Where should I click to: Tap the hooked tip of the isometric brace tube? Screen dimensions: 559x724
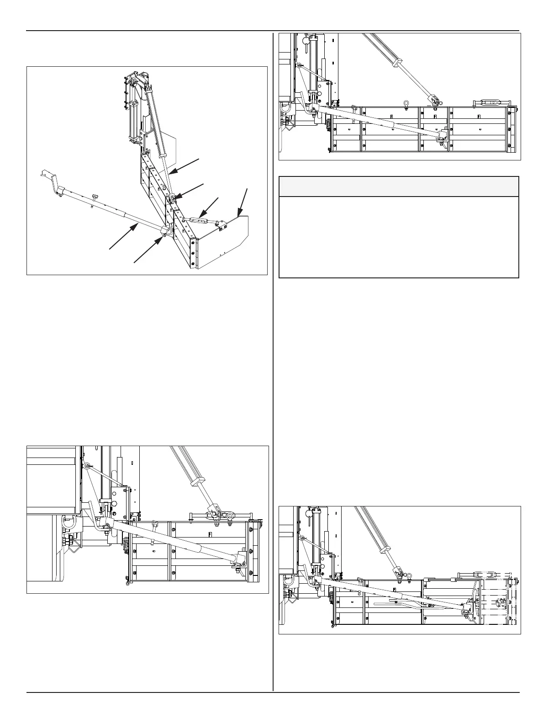[x=45, y=174]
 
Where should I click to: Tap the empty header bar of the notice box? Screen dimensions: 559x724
[x=399, y=187]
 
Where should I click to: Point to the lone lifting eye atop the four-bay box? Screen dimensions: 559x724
[x=406, y=103]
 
